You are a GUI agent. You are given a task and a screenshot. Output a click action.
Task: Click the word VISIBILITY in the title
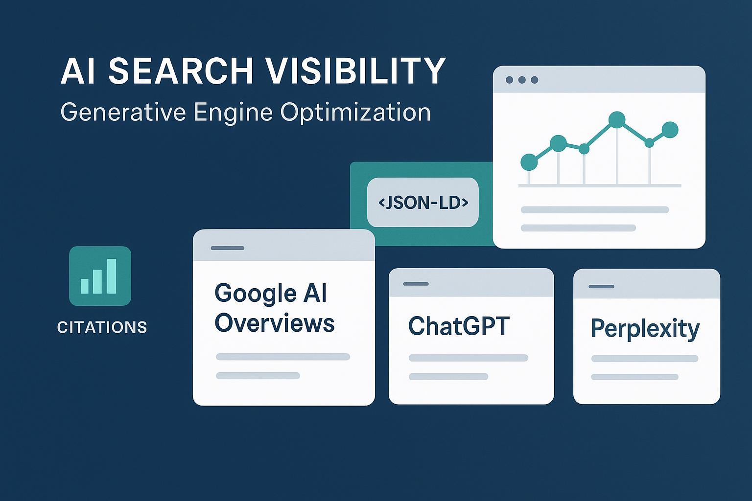point(356,71)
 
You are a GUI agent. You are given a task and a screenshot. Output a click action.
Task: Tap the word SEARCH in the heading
point(180,71)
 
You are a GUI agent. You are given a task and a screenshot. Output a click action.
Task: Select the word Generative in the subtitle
point(123,112)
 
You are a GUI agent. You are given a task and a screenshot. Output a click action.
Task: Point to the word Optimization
point(355,113)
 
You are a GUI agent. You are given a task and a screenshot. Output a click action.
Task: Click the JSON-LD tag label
point(423,202)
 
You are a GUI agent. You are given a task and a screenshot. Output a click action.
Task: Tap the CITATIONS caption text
point(102,327)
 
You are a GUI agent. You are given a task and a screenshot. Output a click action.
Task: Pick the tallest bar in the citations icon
point(112,276)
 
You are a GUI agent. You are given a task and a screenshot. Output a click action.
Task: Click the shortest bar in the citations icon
point(85,286)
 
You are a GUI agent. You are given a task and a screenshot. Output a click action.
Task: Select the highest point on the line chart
point(617,119)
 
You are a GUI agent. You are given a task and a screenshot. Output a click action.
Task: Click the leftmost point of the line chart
point(529,161)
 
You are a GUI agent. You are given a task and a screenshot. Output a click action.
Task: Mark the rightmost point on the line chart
point(670,130)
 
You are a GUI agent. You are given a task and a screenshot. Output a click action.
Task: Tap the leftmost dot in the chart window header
point(509,80)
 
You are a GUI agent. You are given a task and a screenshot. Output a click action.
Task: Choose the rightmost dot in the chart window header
point(534,80)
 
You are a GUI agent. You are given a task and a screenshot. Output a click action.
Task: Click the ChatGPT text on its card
point(459,326)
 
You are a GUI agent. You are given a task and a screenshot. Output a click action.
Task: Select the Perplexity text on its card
point(645,328)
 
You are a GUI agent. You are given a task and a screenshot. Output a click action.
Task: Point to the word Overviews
point(275,323)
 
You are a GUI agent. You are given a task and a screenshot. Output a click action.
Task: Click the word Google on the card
point(249,294)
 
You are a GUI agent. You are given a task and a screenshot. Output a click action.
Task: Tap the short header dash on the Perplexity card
point(601,286)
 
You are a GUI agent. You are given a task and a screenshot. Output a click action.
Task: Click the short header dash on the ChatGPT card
point(416,284)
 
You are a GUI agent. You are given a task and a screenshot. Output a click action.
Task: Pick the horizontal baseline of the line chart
point(600,185)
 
